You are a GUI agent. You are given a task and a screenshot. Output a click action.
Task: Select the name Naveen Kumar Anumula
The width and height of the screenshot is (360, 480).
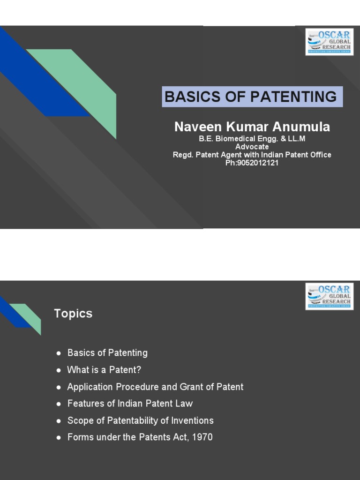(x=252, y=127)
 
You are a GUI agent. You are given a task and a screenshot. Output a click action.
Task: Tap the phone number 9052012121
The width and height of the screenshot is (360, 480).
(x=258, y=163)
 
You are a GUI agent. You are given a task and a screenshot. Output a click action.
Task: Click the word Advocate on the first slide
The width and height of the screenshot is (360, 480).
(x=252, y=147)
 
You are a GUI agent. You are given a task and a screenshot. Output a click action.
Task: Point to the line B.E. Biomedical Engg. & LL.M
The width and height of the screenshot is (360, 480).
(x=252, y=139)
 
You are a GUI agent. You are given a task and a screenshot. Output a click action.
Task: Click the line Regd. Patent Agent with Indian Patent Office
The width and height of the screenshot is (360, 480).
(x=252, y=155)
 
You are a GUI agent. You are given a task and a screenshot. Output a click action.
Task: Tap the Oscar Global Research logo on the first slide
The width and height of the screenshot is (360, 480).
(x=329, y=42)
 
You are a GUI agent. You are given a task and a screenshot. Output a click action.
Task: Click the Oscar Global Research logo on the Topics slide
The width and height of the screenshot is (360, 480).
(x=329, y=296)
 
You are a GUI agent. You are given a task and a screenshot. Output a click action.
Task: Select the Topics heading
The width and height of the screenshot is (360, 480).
(x=73, y=314)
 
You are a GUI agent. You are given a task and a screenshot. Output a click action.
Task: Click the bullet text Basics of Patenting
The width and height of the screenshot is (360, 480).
(x=107, y=353)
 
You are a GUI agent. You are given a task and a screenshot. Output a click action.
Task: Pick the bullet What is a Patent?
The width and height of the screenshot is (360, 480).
(x=104, y=370)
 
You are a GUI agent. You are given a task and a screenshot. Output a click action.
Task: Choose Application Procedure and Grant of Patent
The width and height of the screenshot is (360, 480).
(x=155, y=387)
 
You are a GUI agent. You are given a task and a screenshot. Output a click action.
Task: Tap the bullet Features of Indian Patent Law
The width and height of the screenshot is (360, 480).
(x=130, y=404)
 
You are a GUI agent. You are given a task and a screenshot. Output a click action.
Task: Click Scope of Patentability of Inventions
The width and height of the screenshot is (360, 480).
(x=140, y=420)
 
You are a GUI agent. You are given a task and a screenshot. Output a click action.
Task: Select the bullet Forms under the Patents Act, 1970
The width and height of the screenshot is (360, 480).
(x=140, y=437)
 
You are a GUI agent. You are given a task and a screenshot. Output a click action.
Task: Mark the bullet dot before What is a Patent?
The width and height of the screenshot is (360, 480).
(x=59, y=370)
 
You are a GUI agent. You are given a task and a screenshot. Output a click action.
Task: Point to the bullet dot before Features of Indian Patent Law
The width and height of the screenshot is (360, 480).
(x=59, y=404)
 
